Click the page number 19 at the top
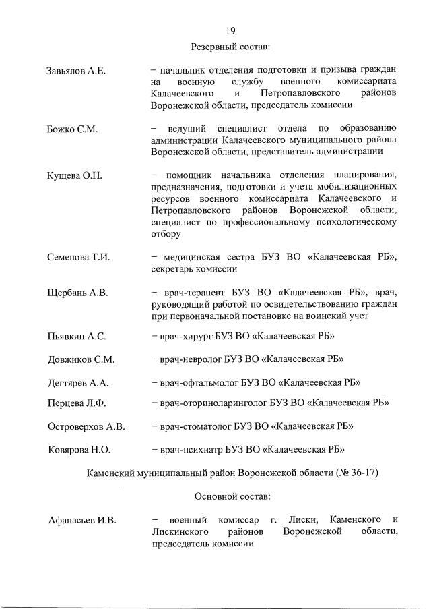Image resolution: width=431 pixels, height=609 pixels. point(230,30)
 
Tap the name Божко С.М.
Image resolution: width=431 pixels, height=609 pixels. point(73,129)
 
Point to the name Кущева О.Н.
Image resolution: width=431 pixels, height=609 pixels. point(74,176)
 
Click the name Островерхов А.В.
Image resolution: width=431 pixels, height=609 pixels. point(87,426)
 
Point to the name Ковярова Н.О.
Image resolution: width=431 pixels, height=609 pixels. point(79,449)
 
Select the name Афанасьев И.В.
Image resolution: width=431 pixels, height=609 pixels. point(82,520)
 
